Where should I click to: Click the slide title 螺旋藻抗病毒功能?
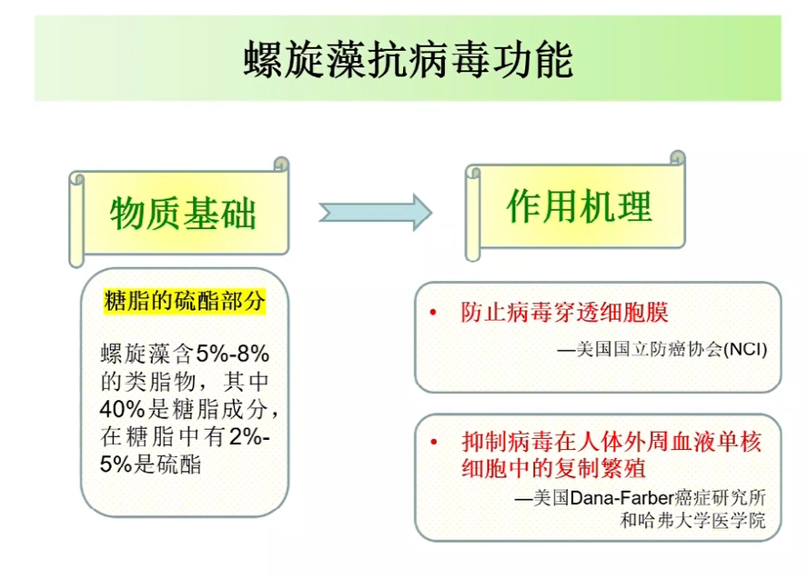tap(409, 60)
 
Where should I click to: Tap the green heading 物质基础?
tap(183, 213)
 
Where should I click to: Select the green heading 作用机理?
tap(580, 205)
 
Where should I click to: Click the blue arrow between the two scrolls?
tap(375, 212)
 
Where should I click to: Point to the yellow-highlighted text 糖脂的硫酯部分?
tap(185, 301)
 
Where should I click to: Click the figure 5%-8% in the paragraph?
tap(232, 354)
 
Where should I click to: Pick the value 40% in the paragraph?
tap(123, 409)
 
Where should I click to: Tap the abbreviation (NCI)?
tap(745, 349)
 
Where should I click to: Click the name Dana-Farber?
tap(622, 498)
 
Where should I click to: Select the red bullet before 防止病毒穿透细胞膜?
tap(433, 312)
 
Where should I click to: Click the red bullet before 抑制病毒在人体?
tap(434, 442)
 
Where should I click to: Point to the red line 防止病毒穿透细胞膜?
tap(564, 312)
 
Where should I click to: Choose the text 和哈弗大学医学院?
tap(692, 520)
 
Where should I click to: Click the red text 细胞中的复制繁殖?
tap(553, 468)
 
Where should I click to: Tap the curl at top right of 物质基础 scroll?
tap(281, 164)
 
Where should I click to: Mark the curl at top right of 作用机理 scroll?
tap(678, 157)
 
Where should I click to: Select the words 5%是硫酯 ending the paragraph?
tap(150, 464)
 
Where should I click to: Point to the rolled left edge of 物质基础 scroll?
tap(76, 220)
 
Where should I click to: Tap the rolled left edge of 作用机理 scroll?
tap(472, 213)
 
